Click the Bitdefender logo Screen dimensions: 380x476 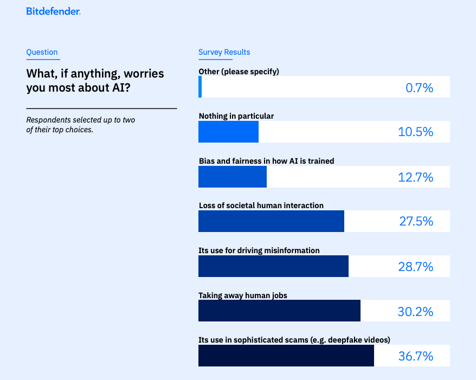53,11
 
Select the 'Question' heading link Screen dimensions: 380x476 42,53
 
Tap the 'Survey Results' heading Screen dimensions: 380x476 224,53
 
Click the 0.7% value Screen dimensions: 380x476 419,87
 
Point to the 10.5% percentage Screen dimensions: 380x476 415,132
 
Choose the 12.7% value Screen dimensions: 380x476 415,177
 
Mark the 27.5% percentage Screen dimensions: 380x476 415,222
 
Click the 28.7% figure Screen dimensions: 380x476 415,267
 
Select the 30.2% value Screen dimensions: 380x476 415,312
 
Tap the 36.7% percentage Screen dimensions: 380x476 415,356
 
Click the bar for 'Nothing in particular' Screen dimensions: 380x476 228,132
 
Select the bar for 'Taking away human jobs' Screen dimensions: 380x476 279,311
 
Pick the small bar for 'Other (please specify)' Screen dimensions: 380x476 200,87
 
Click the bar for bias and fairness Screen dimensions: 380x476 233,177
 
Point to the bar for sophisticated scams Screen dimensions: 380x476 286,356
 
